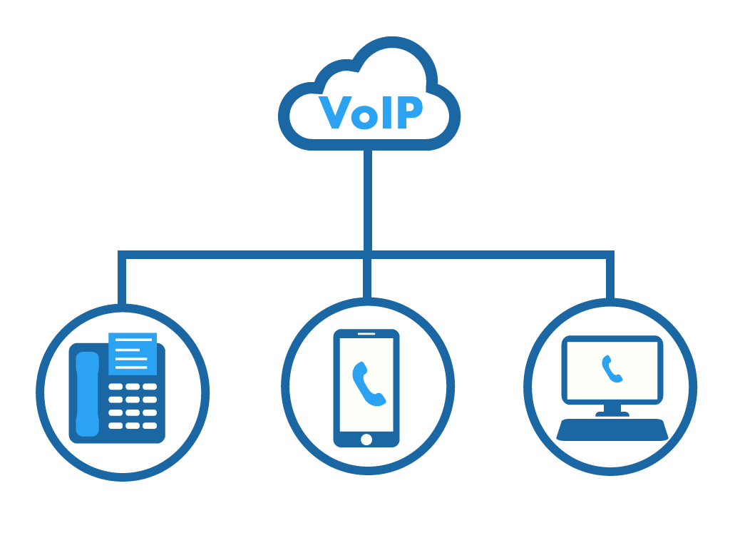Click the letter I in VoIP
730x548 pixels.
point(386,112)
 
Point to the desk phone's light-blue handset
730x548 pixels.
point(87,393)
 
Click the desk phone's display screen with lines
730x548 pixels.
point(132,353)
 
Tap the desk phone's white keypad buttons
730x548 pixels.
point(132,406)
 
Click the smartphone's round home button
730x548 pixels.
point(366,439)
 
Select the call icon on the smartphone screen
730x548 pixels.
point(368,383)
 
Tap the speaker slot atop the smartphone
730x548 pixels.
point(366,334)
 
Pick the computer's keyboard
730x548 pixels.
point(612,429)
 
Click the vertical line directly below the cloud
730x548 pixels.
point(368,200)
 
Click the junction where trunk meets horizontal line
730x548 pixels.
point(368,255)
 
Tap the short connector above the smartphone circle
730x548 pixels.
point(368,278)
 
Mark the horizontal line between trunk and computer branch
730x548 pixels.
point(492,255)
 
